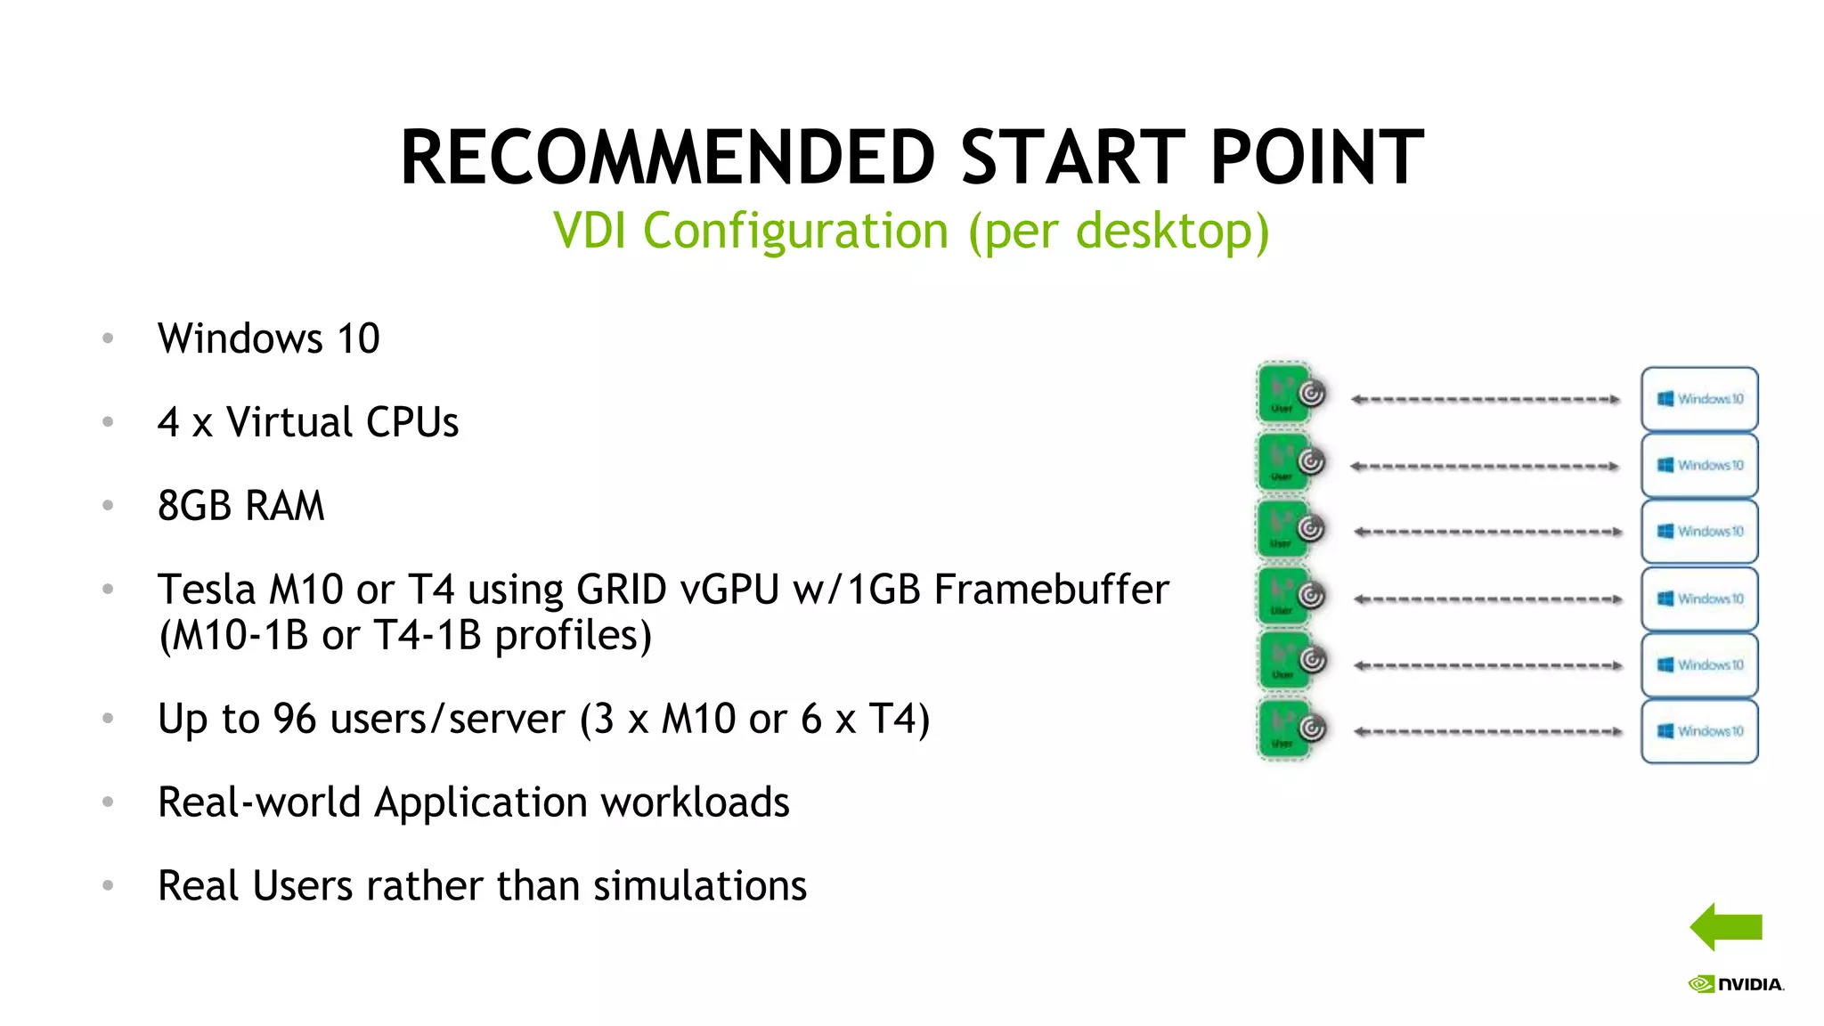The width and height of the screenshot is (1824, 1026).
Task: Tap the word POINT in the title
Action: [1316, 158]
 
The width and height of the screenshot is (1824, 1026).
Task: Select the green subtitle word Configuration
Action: [795, 231]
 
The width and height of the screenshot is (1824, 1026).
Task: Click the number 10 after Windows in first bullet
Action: [358, 339]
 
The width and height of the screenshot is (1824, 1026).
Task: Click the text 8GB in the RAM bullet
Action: [194, 506]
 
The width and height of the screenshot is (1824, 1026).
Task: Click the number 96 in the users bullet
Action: [295, 719]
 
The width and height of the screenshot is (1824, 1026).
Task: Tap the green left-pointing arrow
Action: [1725, 927]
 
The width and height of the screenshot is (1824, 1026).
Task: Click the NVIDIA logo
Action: [1736, 984]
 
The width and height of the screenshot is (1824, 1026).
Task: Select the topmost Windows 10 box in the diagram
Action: [1699, 399]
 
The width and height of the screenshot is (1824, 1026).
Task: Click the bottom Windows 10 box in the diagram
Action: [1699, 731]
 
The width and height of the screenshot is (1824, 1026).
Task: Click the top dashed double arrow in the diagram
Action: [1485, 399]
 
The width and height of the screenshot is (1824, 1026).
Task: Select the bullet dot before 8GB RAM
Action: [108, 506]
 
